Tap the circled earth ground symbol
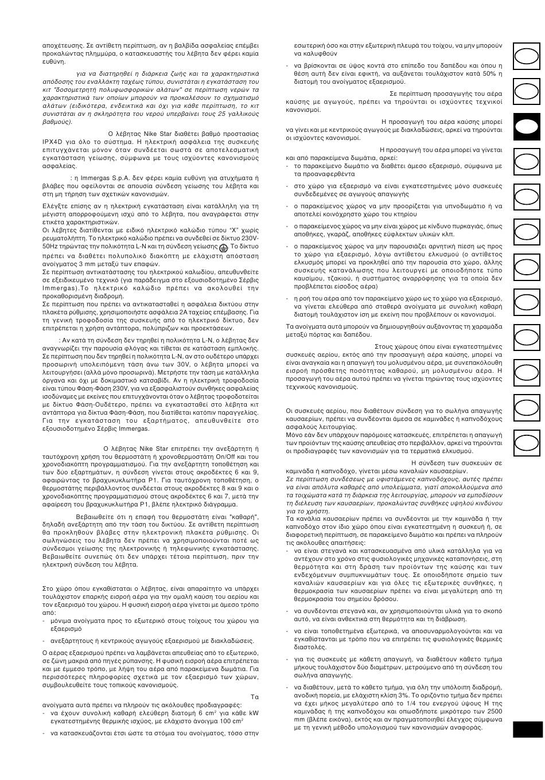(223, 246)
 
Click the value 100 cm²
(230, 721)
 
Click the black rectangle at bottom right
(527, 729)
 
